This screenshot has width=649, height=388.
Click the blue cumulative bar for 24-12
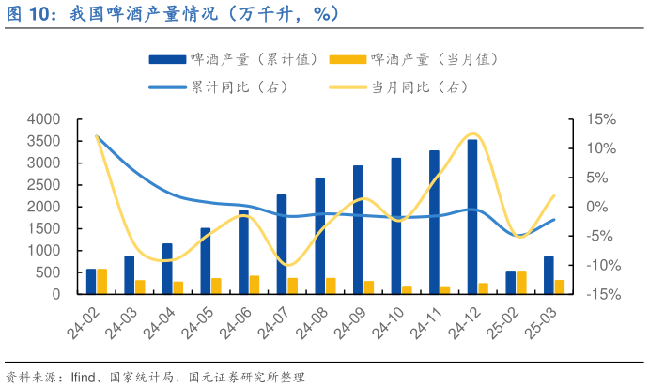pos(472,216)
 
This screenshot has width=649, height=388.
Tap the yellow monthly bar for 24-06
pos(254,285)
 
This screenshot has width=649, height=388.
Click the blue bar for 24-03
pos(129,274)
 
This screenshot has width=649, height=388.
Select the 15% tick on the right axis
pos(602,119)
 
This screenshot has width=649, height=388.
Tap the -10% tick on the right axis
pos(600,265)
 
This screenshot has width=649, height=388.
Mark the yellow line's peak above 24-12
pos(472,134)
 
